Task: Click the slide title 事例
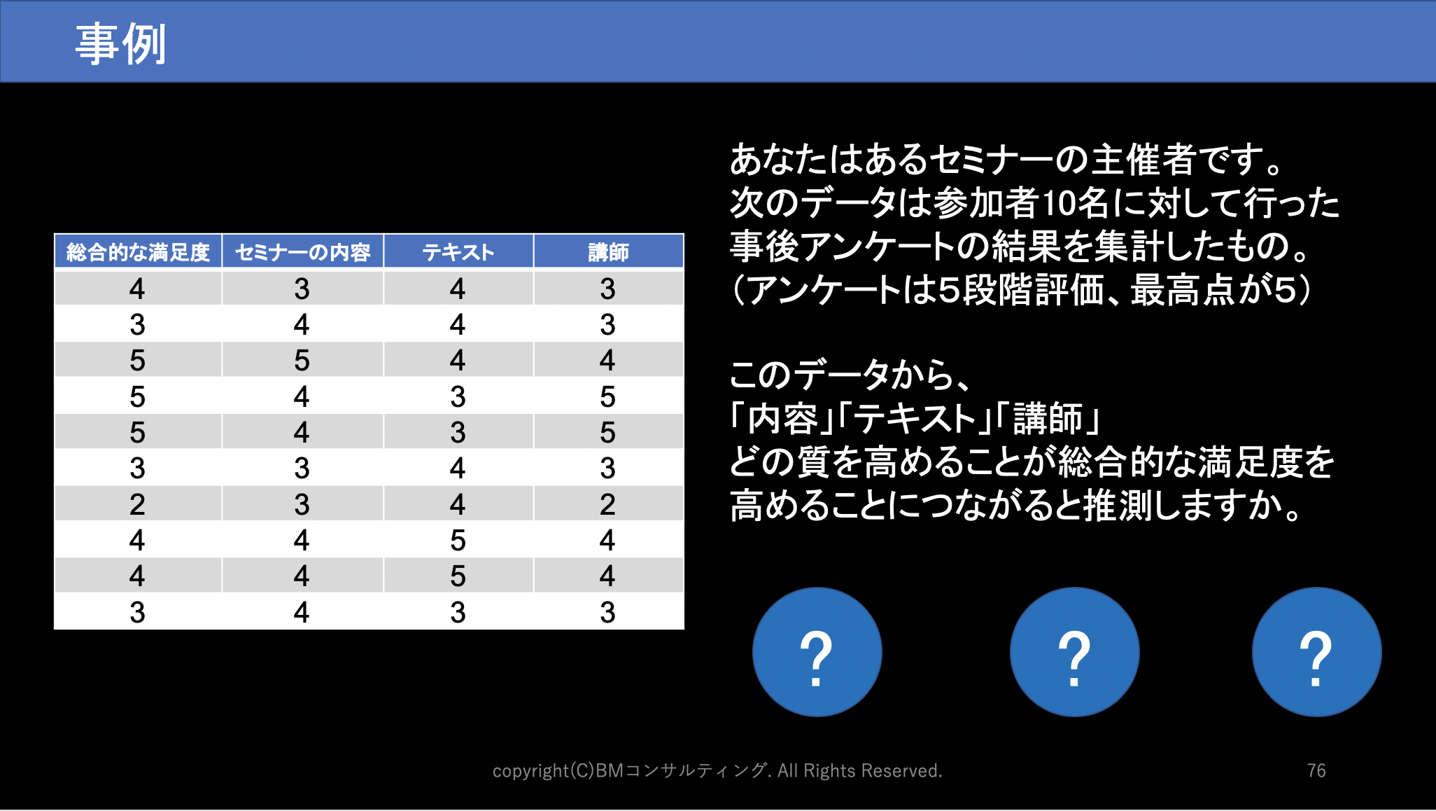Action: [120, 43]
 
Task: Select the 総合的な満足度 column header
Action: [138, 251]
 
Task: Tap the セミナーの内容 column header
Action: [302, 251]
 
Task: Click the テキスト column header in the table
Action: [458, 251]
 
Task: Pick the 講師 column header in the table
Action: [608, 251]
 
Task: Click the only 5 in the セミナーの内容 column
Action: [302, 361]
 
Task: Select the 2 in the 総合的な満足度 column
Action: [137, 504]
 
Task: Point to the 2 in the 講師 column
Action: [607, 504]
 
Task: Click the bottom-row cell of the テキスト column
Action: [458, 612]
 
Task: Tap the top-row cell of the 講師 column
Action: [607, 289]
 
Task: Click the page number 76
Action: [1316, 770]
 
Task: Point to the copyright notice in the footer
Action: [717, 770]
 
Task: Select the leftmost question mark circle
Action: [817, 652]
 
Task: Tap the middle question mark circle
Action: [1075, 652]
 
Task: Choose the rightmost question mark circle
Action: [1317, 652]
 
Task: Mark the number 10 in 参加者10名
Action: [1059, 203]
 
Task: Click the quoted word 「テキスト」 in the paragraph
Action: [915, 418]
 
